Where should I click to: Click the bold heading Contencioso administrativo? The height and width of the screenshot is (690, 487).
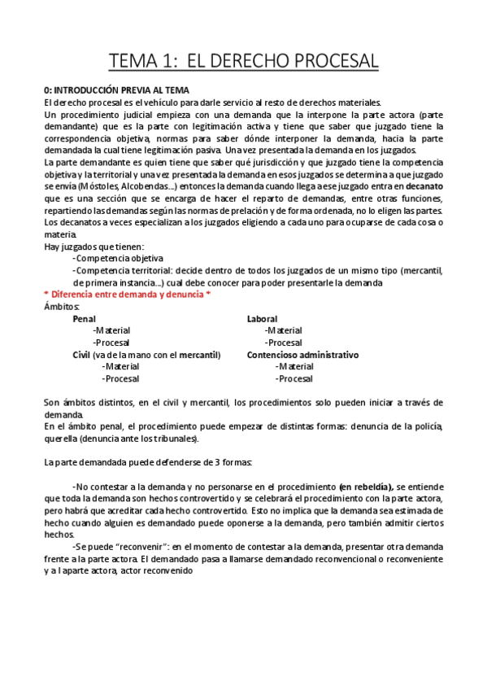[302, 355]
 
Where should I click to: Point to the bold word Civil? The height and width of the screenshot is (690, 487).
[82, 355]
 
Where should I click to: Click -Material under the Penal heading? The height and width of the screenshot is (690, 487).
[111, 330]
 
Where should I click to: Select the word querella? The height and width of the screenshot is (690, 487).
[61, 438]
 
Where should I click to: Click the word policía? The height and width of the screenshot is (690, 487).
[428, 426]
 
